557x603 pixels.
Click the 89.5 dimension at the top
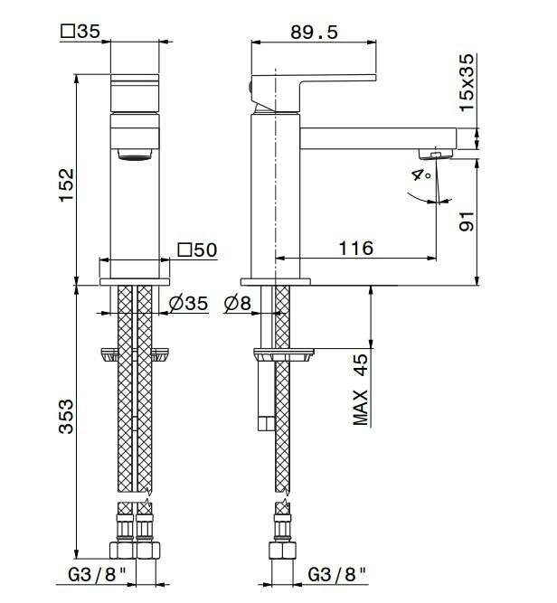pyautogui.click(x=316, y=32)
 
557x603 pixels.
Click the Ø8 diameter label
pyautogui.click(x=236, y=304)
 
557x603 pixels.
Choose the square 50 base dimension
pyautogui.click(x=197, y=249)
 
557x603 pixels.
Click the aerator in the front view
pyautogui.click(x=136, y=155)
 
